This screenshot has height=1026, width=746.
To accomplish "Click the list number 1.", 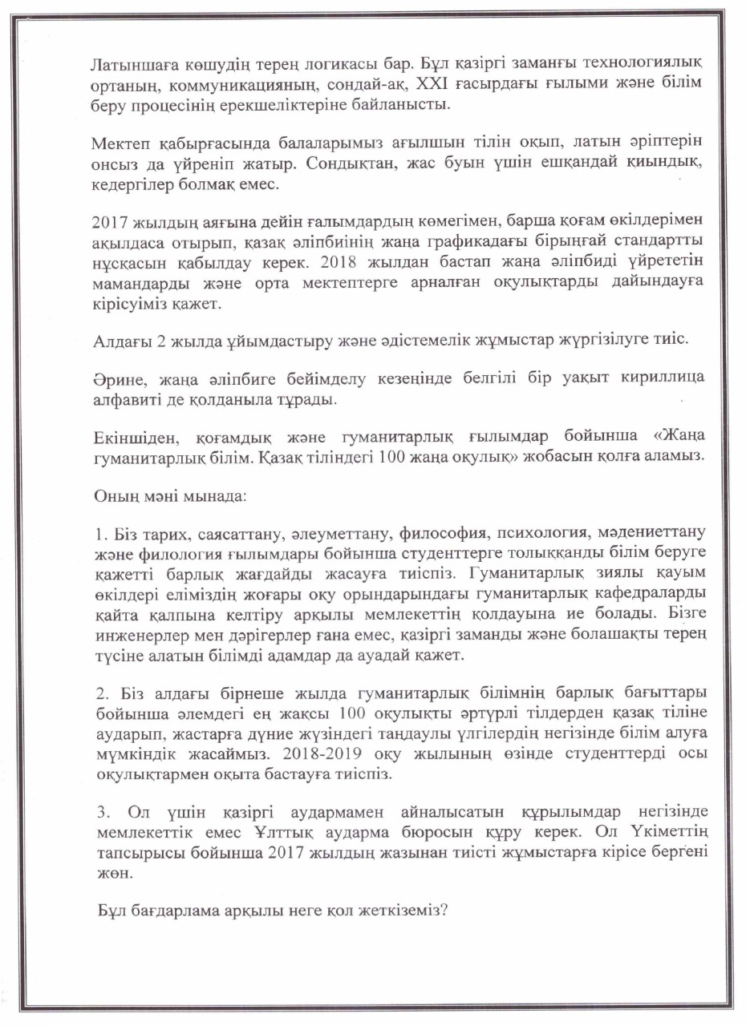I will coord(99,532).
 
